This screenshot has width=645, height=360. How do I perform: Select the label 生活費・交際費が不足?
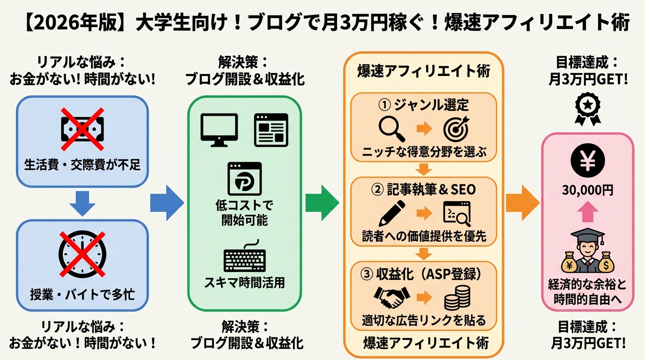82,165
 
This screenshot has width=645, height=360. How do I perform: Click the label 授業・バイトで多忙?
82,294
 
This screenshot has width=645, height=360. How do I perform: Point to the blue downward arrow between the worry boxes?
82,203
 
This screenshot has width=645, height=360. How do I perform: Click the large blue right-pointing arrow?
167,203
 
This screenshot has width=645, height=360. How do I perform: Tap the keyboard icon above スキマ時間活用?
244,257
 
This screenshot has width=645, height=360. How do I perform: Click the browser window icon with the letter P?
244,179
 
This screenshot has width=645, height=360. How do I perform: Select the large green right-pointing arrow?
322,203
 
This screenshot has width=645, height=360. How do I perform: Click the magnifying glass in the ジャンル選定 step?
391,127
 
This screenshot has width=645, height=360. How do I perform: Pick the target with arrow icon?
456,127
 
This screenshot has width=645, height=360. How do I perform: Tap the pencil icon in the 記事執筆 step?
391,213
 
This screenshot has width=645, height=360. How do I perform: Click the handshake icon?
391,297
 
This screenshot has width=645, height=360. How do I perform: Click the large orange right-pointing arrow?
522,203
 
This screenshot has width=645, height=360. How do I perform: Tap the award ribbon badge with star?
587,109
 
